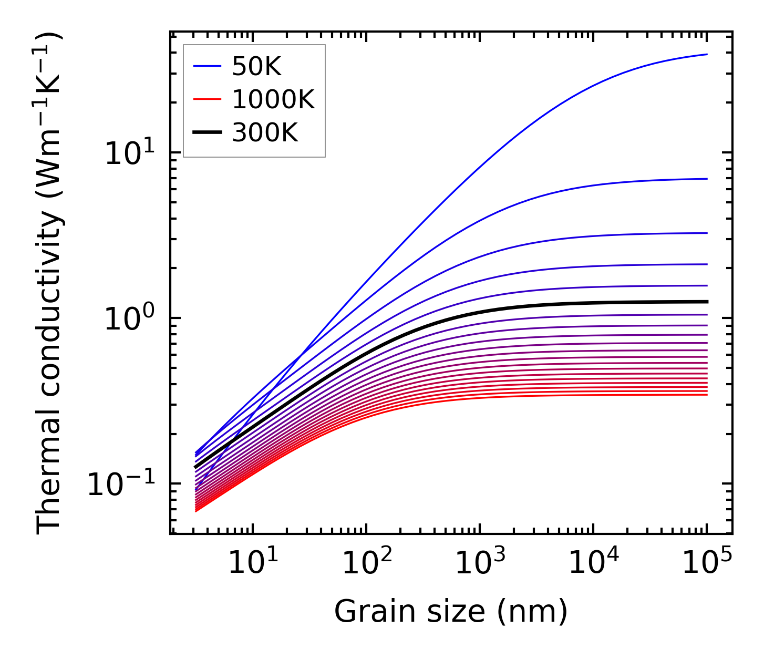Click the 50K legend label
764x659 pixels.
point(256,67)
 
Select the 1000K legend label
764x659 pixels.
point(273,100)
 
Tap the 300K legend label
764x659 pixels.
point(264,133)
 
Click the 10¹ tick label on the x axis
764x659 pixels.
point(253,563)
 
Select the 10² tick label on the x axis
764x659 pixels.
point(366,563)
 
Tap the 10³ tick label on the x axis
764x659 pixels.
point(480,563)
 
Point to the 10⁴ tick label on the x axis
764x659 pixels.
point(593,563)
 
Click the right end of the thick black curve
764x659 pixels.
point(707,302)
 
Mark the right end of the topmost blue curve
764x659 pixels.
point(707,54)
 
